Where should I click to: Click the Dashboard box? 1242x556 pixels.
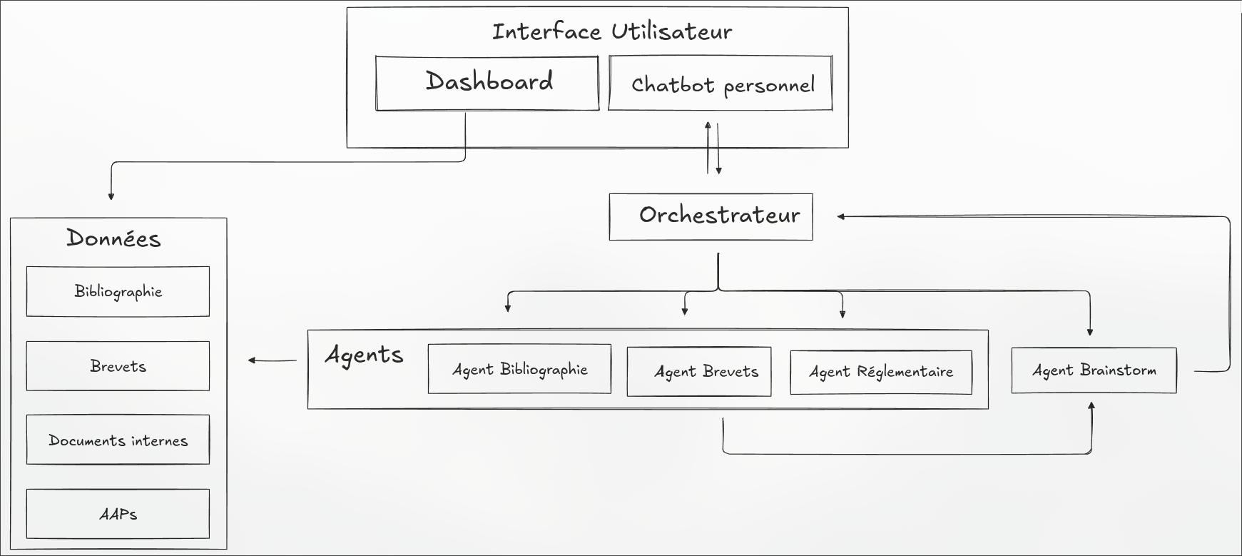pos(487,84)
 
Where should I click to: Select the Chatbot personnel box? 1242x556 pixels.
pos(721,84)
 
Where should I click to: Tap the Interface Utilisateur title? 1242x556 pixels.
pos(611,31)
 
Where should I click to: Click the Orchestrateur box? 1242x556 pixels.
pos(711,216)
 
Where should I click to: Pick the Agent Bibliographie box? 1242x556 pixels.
pos(519,369)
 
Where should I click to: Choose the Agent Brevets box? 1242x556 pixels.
pos(698,371)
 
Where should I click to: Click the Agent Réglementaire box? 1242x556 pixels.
pos(880,372)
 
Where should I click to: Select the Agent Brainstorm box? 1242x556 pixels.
pos(1094,370)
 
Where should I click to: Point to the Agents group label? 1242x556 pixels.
pos(364,355)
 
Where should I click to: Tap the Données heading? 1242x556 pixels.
pos(114,238)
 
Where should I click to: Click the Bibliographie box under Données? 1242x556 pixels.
pos(118,291)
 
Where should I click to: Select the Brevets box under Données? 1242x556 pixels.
pos(118,366)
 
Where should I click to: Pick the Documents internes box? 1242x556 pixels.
pos(118,440)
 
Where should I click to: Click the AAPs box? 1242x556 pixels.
pos(118,514)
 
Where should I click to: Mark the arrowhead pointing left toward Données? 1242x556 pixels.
pos(252,360)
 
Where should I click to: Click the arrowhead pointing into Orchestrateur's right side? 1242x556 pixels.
pos(841,216)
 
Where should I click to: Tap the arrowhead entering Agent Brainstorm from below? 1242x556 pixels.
pos(1091,406)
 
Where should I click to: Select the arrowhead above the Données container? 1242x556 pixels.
pos(111,196)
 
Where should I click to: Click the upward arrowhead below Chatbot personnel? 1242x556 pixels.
pos(708,125)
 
